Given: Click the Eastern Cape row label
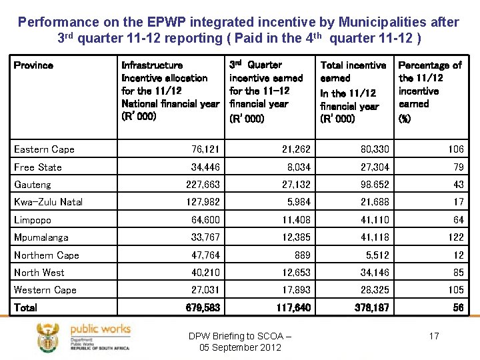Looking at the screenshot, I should tap(44, 149).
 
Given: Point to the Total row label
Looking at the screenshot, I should tap(26, 307).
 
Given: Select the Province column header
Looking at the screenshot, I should tap(33, 65).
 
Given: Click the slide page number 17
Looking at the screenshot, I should tap(434, 336).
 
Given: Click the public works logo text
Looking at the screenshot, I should tap(100, 329).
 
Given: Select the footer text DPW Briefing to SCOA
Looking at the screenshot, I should tap(240, 335).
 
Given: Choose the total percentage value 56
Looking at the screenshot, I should tap(457, 307).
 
